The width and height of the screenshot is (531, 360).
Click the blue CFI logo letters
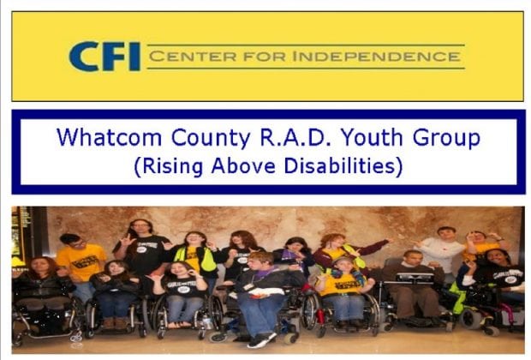tap(104, 57)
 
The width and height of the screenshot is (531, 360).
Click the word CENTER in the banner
tap(193, 57)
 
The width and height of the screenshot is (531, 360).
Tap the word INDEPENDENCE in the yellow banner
tap(376, 57)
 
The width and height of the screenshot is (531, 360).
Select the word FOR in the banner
tap(265, 57)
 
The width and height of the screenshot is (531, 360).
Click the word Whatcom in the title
tap(109, 137)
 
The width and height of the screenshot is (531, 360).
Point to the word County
tap(211, 138)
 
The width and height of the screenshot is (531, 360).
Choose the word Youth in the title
tap(372, 137)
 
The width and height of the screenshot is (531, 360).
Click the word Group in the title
tap(446, 138)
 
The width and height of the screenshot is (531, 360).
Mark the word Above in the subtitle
tap(243, 165)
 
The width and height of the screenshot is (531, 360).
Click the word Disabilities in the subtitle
tap(339, 165)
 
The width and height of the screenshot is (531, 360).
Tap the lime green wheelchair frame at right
tap(457, 299)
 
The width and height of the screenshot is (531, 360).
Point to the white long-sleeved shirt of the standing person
tap(441, 253)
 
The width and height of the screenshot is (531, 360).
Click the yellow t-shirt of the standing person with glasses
tap(81, 261)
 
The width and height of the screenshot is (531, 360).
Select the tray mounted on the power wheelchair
tap(415, 279)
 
